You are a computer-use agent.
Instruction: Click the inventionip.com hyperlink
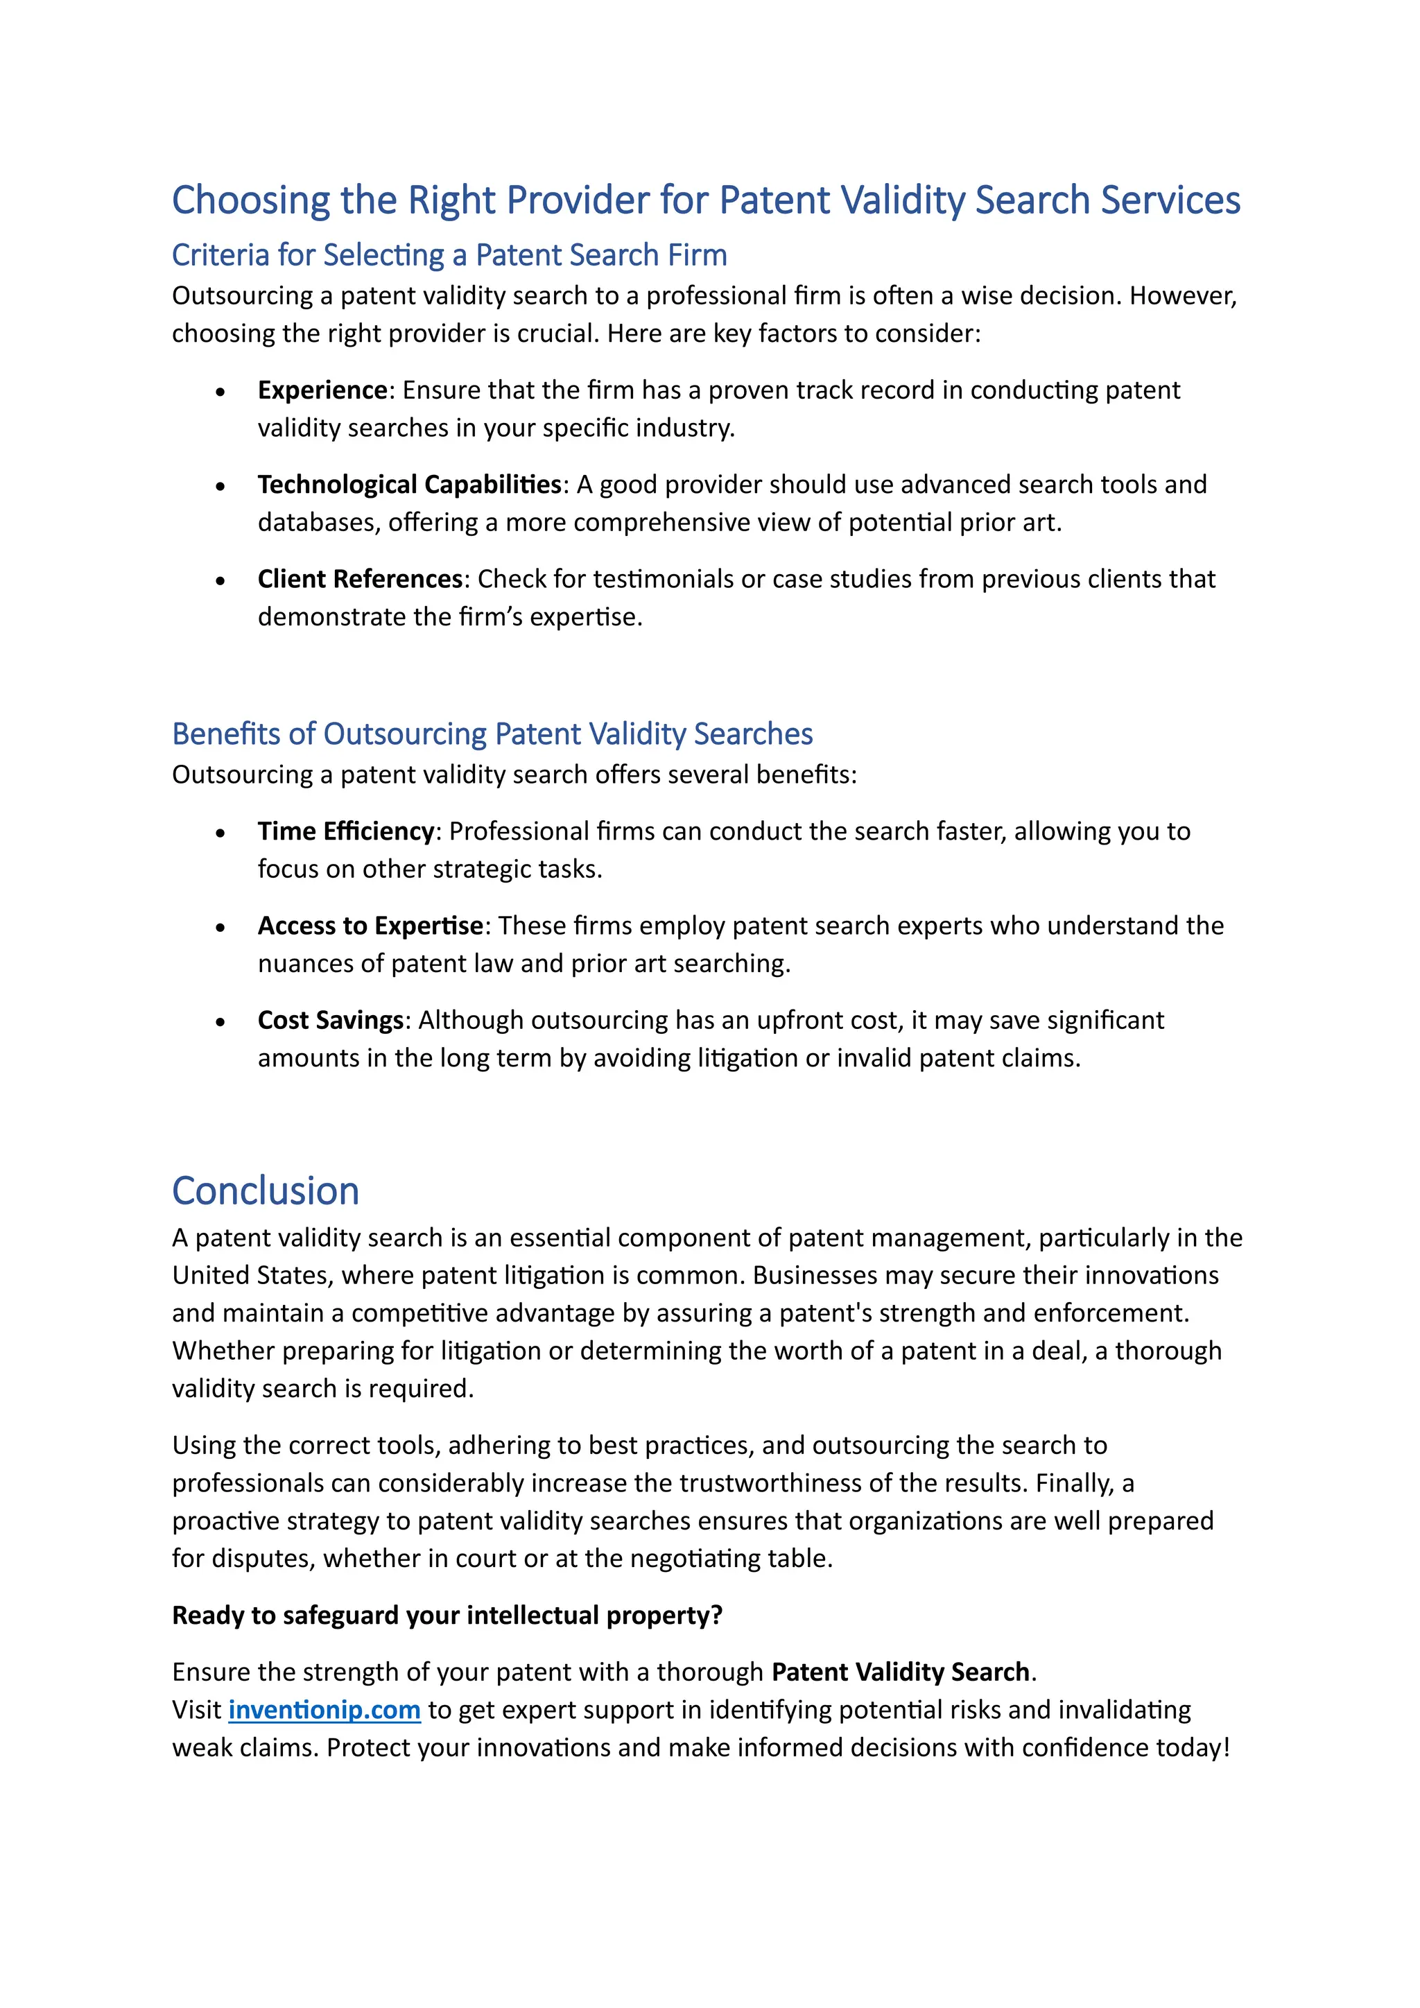[324, 1709]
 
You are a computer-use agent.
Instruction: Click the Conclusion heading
[266, 1191]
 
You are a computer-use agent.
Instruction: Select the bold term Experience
[322, 390]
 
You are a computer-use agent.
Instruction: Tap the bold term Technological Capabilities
[409, 485]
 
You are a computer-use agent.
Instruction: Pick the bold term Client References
[359, 579]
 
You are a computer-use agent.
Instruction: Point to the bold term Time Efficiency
[345, 831]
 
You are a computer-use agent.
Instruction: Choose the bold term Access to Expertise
[370, 925]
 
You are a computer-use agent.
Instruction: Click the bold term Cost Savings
[329, 1020]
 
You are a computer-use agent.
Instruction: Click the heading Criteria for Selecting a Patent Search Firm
[449, 254]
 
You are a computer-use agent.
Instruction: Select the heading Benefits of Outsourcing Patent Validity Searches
[492, 733]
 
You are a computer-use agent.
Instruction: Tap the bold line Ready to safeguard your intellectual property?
[447, 1614]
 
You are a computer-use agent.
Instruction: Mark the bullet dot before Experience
[220, 392]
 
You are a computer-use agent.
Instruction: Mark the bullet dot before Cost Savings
[220, 1021]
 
